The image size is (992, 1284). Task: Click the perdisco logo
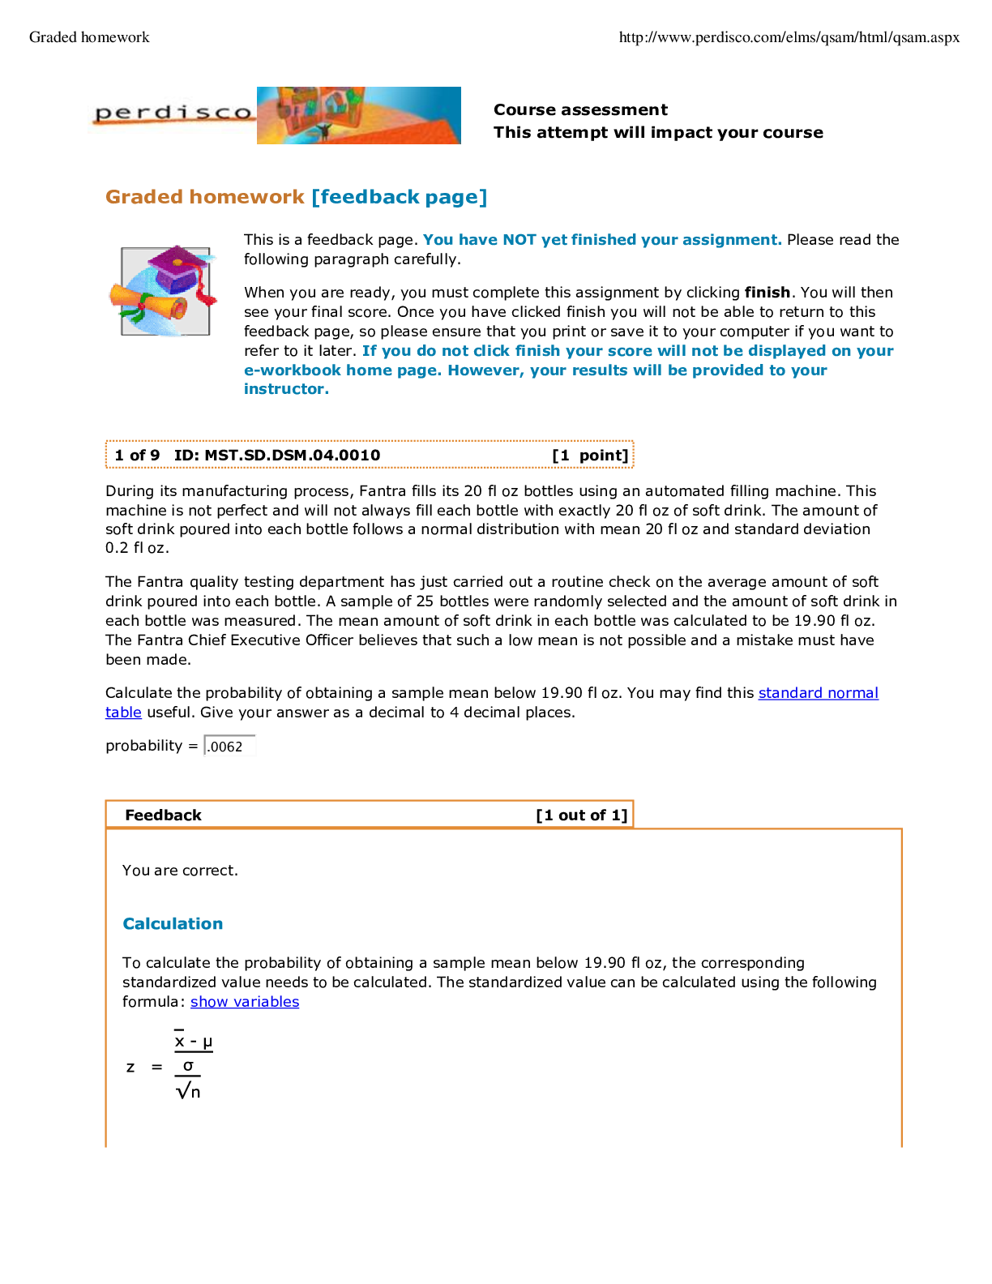point(172,113)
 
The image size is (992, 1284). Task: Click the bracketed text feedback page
point(400,197)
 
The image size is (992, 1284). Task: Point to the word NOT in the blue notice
point(519,240)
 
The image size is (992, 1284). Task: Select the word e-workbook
point(293,370)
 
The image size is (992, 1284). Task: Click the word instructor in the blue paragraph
point(285,389)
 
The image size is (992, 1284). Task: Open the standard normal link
point(819,693)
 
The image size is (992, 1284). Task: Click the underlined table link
point(123,713)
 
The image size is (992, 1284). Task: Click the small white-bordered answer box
point(230,746)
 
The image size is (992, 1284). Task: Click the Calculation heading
point(173,924)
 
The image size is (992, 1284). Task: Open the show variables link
point(245,1002)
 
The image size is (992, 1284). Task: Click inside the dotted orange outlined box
point(370,454)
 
